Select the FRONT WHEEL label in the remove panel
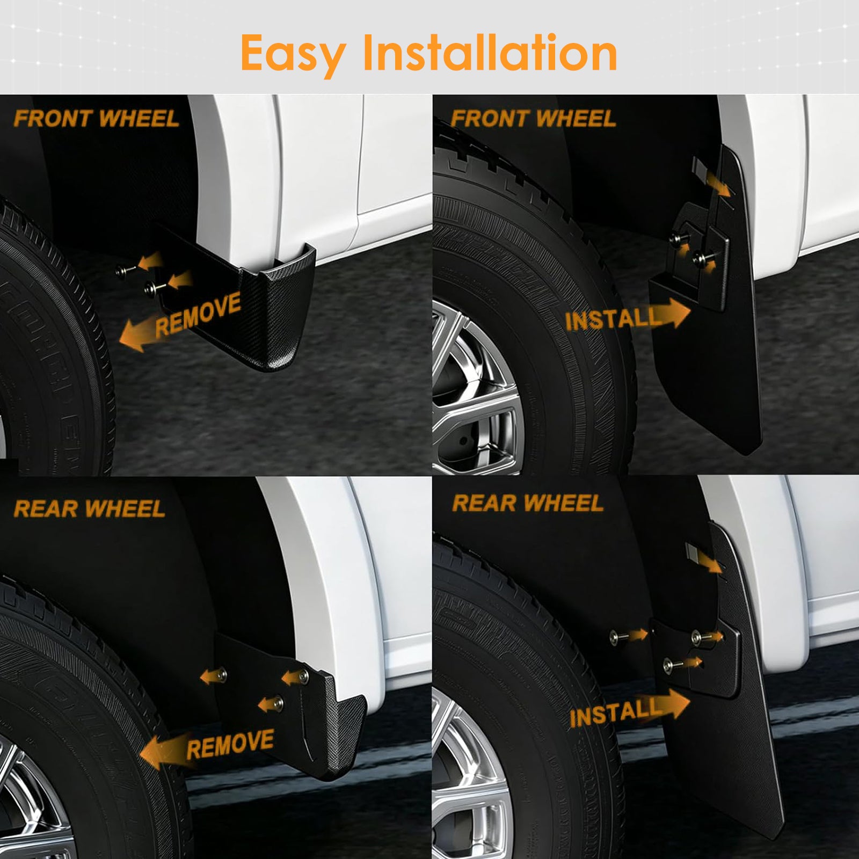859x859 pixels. [96, 119]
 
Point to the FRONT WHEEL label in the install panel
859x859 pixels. [533, 119]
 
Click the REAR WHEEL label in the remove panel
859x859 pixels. [89, 509]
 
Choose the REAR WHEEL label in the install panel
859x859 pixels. [528, 503]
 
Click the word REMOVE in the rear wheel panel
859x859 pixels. [230, 744]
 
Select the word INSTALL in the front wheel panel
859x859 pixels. [613, 319]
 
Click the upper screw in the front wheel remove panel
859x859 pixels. [123, 271]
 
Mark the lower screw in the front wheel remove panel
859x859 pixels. [151, 289]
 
